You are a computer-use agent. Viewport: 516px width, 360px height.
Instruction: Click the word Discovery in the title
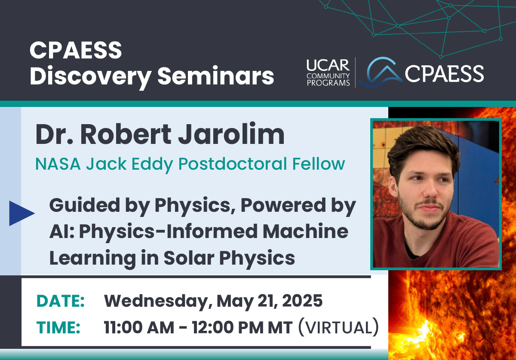pyautogui.click(x=91, y=76)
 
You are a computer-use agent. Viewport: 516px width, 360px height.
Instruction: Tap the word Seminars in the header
pyautogui.click(x=215, y=76)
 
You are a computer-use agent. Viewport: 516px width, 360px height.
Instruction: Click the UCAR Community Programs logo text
pyautogui.click(x=328, y=73)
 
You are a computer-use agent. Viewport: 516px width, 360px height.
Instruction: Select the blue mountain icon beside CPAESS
pyautogui.click(x=381, y=72)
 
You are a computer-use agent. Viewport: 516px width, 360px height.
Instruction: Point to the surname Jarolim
pyautogui.click(x=231, y=134)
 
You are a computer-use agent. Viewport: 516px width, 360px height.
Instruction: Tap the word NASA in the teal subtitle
pyautogui.click(x=58, y=164)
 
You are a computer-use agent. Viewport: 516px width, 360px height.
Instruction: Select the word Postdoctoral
pyautogui.click(x=233, y=163)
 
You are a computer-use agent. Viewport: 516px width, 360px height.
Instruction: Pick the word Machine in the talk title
pyautogui.click(x=306, y=231)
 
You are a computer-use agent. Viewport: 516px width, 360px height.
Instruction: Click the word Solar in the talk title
pyautogui.click(x=189, y=258)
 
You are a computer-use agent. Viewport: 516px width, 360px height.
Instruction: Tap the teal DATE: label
pyautogui.click(x=61, y=301)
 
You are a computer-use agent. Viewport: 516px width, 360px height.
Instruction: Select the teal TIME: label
pyautogui.click(x=58, y=327)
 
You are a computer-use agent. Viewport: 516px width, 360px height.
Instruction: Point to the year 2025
pyautogui.click(x=302, y=301)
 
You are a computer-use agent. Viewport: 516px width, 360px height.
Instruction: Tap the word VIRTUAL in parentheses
pyautogui.click(x=339, y=327)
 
